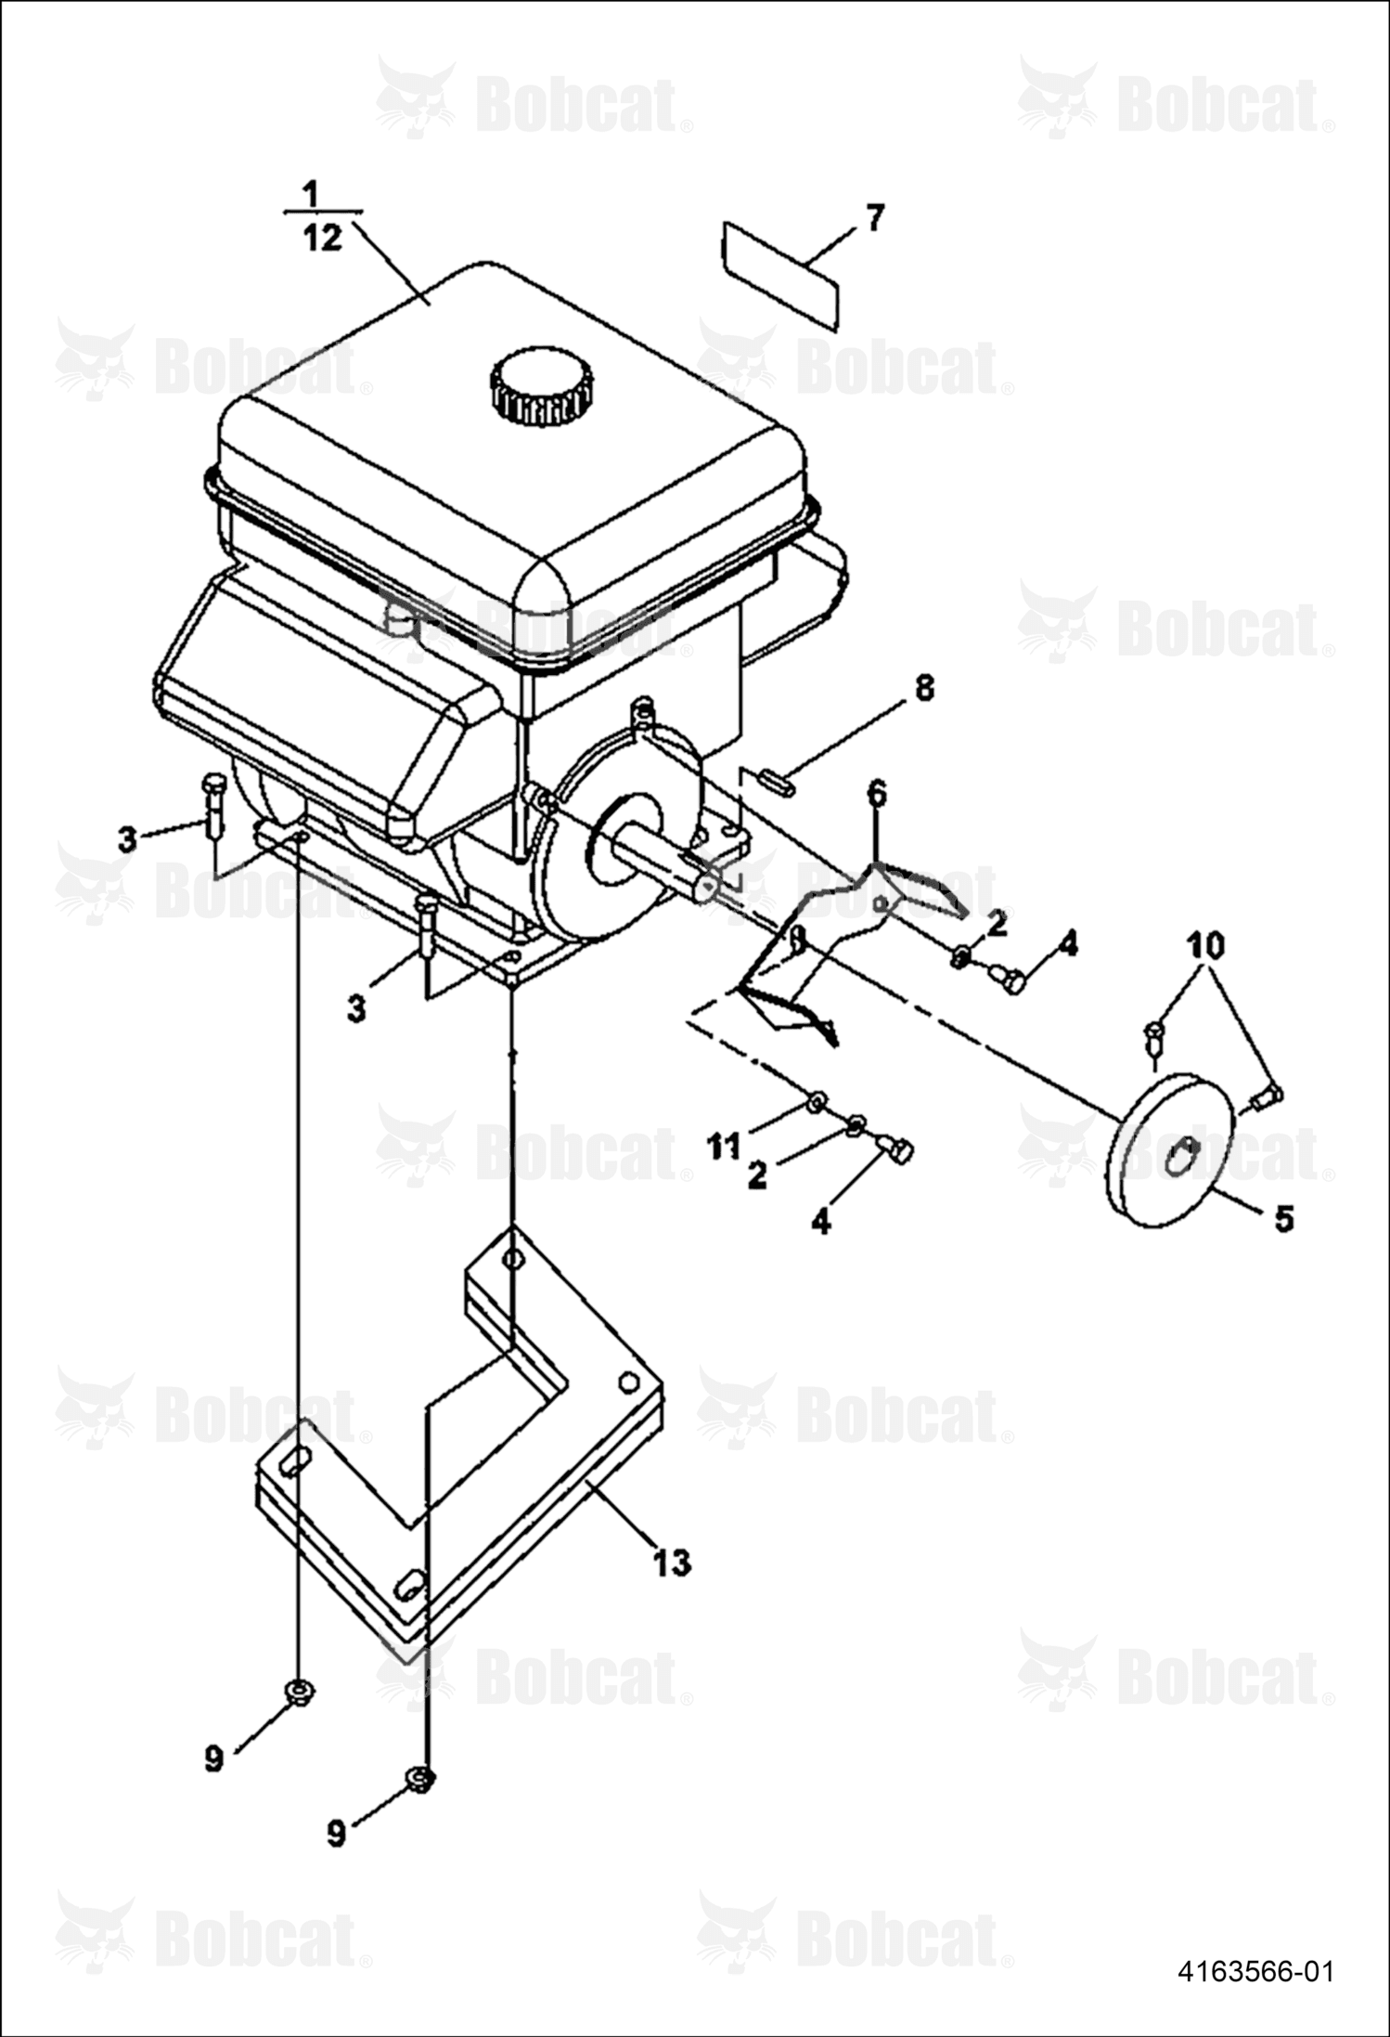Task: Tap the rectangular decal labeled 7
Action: tap(781, 276)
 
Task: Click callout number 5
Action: tap(1283, 1218)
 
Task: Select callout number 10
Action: tap(1206, 946)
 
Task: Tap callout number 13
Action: tap(673, 1562)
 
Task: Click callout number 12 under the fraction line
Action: tap(322, 239)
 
